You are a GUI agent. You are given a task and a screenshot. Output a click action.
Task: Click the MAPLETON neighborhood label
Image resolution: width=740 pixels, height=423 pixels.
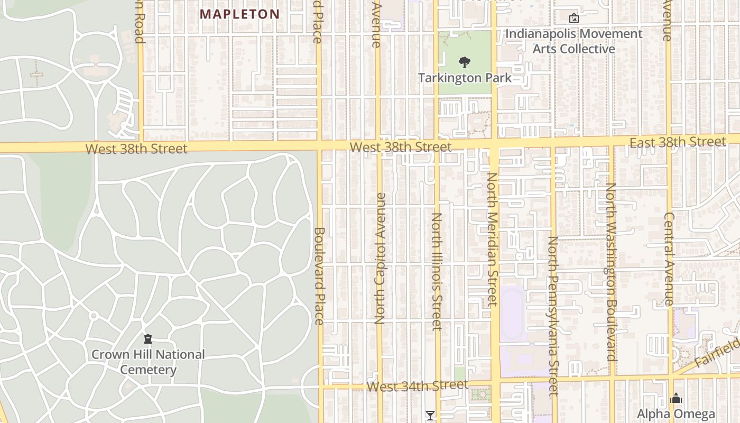pyautogui.click(x=239, y=14)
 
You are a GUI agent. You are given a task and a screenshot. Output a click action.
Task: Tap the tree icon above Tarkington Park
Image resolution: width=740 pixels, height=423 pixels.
pyautogui.click(x=464, y=62)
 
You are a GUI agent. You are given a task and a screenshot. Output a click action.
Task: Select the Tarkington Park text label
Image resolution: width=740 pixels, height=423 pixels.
pyautogui.click(x=465, y=78)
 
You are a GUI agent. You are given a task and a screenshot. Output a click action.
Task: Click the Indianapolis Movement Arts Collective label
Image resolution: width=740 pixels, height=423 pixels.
pyautogui.click(x=573, y=41)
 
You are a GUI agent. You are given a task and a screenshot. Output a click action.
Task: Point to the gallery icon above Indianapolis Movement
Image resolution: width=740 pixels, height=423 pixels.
pyautogui.click(x=573, y=18)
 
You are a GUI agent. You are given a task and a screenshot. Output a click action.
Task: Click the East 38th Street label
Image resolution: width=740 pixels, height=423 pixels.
pyautogui.click(x=678, y=142)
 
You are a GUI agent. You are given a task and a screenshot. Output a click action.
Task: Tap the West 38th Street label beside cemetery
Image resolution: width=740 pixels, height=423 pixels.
pyautogui.click(x=136, y=149)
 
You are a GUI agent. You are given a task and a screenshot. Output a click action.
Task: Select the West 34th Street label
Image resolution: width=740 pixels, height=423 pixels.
pyautogui.click(x=417, y=386)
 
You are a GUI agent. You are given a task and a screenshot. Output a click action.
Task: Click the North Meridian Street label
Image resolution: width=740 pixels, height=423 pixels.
pyautogui.click(x=492, y=239)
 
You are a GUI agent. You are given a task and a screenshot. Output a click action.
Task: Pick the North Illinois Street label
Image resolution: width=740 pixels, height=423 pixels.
pyautogui.click(x=437, y=271)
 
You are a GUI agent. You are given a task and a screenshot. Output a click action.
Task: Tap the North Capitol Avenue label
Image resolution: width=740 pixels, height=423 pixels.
pyautogui.click(x=380, y=258)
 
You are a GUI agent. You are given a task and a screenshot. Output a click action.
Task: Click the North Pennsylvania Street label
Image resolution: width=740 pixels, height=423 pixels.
pyautogui.click(x=553, y=316)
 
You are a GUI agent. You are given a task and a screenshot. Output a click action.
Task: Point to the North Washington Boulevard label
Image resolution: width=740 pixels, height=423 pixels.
pyautogui.click(x=612, y=272)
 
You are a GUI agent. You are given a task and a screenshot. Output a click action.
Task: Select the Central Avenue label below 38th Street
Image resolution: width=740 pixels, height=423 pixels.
pyautogui.click(x=669, y=259)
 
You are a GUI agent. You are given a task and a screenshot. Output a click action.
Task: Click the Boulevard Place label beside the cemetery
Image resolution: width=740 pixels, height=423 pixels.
pyautogui.click(x=319, y=275)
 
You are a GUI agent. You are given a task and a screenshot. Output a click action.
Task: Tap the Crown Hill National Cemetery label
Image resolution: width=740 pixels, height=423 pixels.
pyautogui.click(x=148, y=362)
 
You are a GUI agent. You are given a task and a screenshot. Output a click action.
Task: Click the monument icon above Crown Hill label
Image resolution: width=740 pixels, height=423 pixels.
pyautogui.click(x=148, y=338)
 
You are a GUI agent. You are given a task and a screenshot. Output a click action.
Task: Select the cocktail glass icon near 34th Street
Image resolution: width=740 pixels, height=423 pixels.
pyautogui.click(x=430, y=416)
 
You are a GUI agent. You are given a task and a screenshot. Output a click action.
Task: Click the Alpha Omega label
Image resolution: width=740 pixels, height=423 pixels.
pyautogui.click(x=676, y=414)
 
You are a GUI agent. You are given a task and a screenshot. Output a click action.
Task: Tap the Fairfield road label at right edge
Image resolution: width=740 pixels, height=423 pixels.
pyautogui.click(x=718, y=354)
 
